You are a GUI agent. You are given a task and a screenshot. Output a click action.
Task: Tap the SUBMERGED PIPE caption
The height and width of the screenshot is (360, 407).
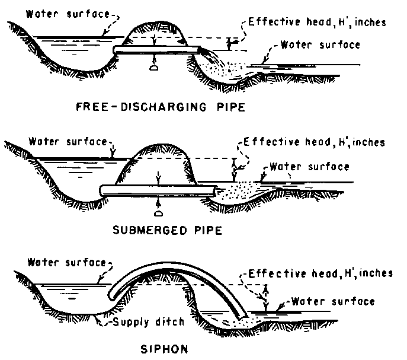[167, 230]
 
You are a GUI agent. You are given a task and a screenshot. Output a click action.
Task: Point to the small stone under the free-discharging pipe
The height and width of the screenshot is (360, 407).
[153, 68]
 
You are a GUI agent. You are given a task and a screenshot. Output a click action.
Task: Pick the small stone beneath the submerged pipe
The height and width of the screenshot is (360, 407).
[158, 214]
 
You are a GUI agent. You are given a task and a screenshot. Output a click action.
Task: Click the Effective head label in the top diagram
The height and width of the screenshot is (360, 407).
[317, 23]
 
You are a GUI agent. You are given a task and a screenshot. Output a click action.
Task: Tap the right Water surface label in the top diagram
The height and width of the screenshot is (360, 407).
[320, 45]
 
